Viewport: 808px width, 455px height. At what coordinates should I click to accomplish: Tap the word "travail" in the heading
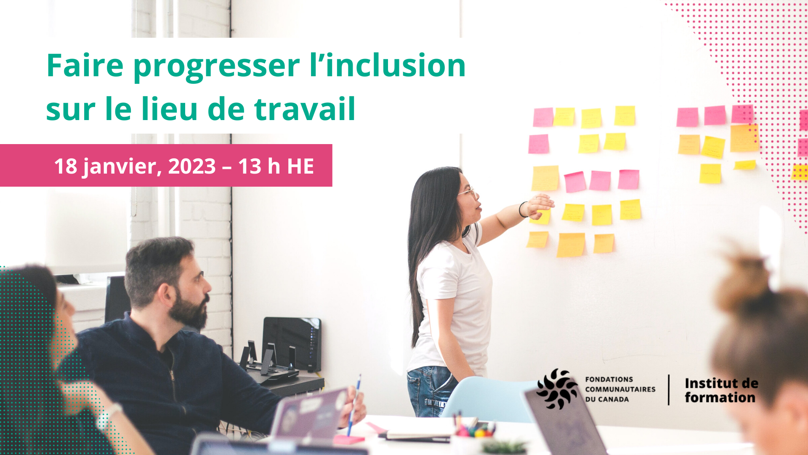pos(305,109)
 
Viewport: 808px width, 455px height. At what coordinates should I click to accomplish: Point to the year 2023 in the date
pos(192,166)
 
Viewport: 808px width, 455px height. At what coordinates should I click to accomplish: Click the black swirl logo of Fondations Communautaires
pos(557,389)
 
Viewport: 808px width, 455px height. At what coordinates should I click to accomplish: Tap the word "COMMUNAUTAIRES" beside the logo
pos(620,389)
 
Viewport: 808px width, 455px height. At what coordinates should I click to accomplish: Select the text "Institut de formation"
pos(721,390)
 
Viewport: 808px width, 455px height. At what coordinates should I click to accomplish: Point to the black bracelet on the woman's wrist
pos(522,209)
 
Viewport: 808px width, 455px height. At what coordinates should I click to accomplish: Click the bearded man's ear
pos(165,294)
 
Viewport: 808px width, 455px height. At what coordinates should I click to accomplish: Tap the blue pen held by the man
pos(353,405)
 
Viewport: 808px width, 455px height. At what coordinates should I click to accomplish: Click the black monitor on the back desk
pos(292,344)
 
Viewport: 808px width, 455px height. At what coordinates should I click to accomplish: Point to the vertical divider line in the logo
pos(669,390)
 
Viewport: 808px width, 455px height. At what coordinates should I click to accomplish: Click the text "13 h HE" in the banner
pos(276,166)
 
